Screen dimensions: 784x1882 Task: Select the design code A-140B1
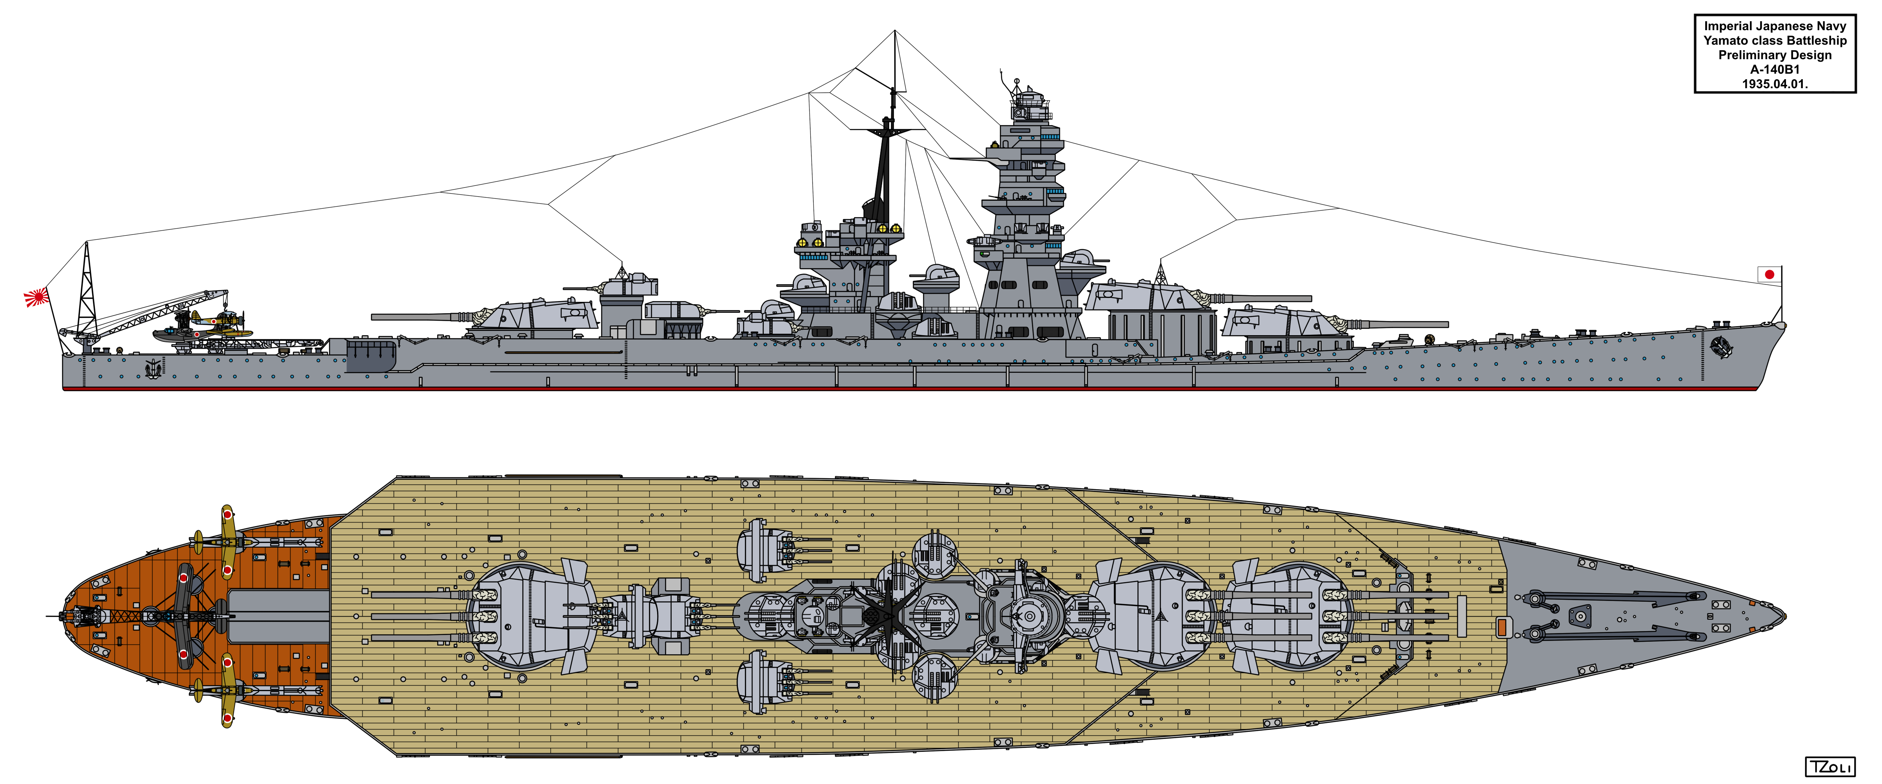[1775, 69]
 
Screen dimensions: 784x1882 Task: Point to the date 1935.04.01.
[1775, 84]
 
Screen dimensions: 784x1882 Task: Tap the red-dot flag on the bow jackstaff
[1769, 275]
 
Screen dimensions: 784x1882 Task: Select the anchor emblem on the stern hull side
[153, 368]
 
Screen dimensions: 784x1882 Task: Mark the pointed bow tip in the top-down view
[1784, 616]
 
